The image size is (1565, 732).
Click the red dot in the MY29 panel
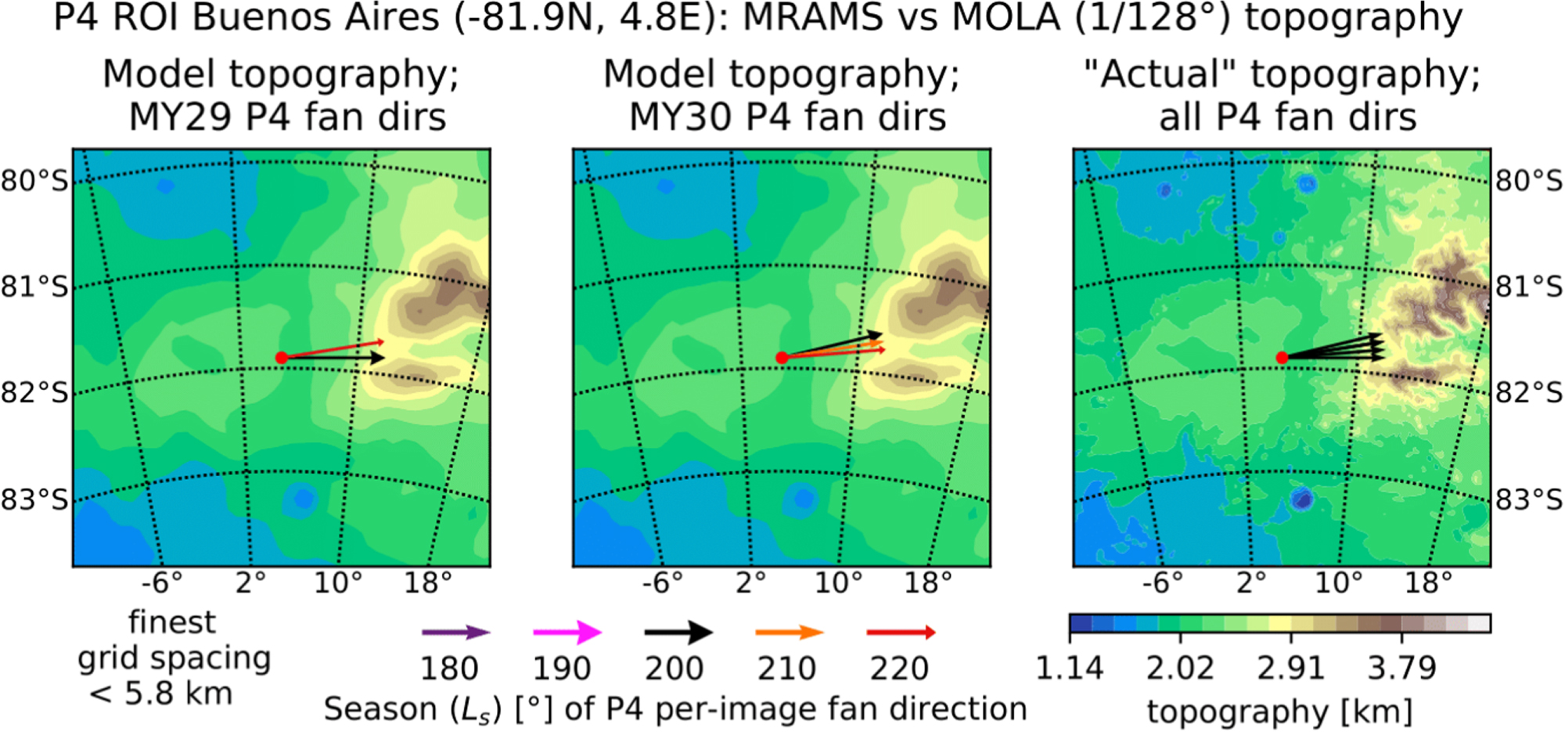click(x=282, y=358)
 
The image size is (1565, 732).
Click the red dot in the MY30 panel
click(x=782, y=358)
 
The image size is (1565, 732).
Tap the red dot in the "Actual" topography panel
click(x=1282, y=358)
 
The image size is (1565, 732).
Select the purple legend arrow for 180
click(x=455, y=633)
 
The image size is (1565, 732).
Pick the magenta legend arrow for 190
click(x=567, y=633)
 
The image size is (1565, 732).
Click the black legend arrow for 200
click(x=678, y=633)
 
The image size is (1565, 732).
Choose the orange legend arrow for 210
click(x=790, y=633)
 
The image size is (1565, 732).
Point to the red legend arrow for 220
click(x=901, y=633)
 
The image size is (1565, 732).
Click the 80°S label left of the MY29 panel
click(x=34, y=181)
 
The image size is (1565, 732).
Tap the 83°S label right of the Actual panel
click(x=1529, y=499)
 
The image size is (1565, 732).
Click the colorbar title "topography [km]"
click(x=1279, y=712)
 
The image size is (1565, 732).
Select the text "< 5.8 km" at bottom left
click(x=160, y=694)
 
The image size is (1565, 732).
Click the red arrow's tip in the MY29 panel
click(x=383, y=341)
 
